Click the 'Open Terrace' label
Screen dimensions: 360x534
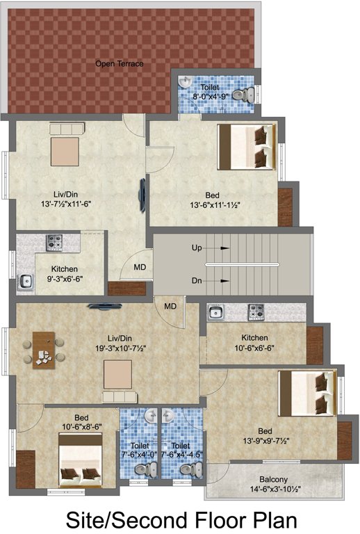click(x=119, y=64)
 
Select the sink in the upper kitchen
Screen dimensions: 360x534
click(x=26, y=281)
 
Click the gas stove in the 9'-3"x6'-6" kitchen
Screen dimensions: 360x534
click(x=54, y=243)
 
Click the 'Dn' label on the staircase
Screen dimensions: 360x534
click(x=197, y=281)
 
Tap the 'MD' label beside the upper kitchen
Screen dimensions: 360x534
click(x=140, y=267)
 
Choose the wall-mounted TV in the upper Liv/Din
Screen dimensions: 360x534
click(x=142, y=195)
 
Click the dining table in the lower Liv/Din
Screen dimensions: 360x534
click(x=44, y=350)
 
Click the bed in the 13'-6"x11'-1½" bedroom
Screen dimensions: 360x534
click(x=246, y=147)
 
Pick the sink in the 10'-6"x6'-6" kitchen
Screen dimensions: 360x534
click(x=215, y=313)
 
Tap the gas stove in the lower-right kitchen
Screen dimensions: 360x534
click(x=256, y=312)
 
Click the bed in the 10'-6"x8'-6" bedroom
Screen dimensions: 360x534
click(x=81, y=460)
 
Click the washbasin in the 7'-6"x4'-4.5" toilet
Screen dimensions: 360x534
click(x=167, y=416)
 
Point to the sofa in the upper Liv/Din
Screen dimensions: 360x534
click(x=67, y=129)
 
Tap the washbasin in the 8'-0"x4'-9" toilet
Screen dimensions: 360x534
click(x=186, y=82)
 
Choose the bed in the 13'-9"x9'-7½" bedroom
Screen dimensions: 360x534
click(x=308, y=394)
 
